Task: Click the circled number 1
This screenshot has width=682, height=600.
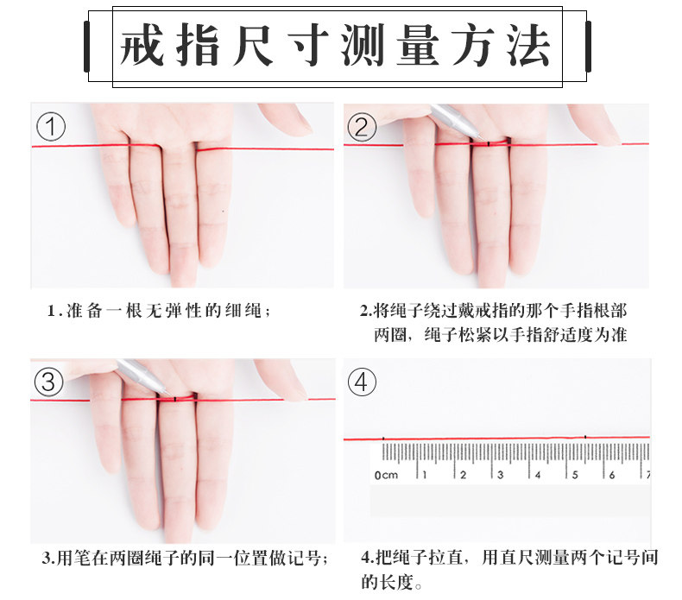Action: pyautogui.click(x=51, y=127)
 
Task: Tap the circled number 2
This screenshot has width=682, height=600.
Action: pyautogui.click(x=362, y=127)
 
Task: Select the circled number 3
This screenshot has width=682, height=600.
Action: pyautogui.click(x=48, y=382)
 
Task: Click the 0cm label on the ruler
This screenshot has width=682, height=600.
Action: pyautogui.click(x=386, y=475)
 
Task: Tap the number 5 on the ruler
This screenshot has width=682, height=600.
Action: pyautogui.click(x=575, y=475)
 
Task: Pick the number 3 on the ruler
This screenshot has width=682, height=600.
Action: pyautogui.click(x=501, y=475)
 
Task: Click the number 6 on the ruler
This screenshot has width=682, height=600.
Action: pyautogui.click(x=612, y=475)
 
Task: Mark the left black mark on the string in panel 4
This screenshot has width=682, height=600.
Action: pyautogui.click(x=383, y=439)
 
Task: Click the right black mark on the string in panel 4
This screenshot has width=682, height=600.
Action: pyautogui.click(x=585, y=437)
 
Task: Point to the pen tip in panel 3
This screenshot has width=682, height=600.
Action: pyautogui.click(x=169, y=395)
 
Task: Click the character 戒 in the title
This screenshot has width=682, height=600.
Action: pyautogui.click(x=142, y=45)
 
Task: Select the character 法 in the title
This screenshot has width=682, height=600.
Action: pyautogui.click(x=528, y=45)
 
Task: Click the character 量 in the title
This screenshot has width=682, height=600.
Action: pyautogui.click(x=418, y=45)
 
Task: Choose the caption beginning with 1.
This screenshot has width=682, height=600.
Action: pyautogui.click(x=159, y=311)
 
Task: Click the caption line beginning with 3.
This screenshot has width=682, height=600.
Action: pyautogui.click(x=185, y=558)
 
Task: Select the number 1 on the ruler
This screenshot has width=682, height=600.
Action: pyautogui.click(x=425, y=475)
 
